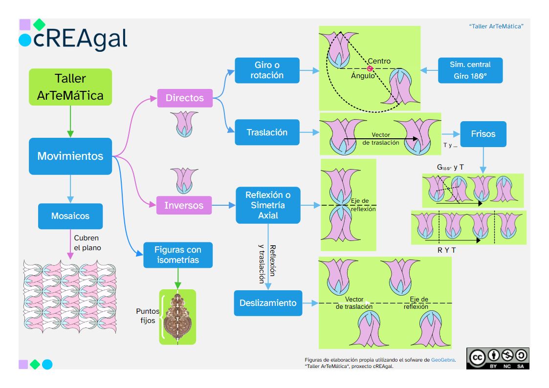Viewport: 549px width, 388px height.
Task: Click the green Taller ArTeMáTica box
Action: pos(70,87)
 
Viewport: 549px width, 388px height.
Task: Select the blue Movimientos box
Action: pos(70,156)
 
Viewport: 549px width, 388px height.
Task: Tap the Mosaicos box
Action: pos(70,216)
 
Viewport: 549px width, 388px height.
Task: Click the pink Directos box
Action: pos(185,98)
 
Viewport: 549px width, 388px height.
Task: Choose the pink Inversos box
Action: pos(184,205)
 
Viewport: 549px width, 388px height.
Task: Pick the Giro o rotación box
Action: pos(267,70)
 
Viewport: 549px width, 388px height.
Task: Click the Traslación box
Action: pos(267,132)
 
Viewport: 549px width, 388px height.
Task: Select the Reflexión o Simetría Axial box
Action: pos(268,205)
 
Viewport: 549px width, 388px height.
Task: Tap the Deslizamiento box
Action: pos(268,303)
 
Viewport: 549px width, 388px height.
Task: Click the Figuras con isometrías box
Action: pos(178,255)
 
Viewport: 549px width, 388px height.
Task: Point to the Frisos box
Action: pos(483,134)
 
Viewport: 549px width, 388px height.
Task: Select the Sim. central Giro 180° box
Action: pos(470,70)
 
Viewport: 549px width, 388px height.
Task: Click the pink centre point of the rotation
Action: pos(370,68)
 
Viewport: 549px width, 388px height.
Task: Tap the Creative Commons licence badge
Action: pos(498,358)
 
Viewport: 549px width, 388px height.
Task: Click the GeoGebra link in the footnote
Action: pos(443,360)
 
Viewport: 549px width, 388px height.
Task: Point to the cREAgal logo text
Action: pos(80,39)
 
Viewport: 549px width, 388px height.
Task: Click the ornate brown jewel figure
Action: pos(177,317)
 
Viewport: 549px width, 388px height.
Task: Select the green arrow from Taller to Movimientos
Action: pos(70,121)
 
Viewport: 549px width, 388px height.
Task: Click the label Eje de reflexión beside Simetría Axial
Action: pos(363,205)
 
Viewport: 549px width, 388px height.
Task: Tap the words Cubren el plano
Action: pos(87,243)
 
